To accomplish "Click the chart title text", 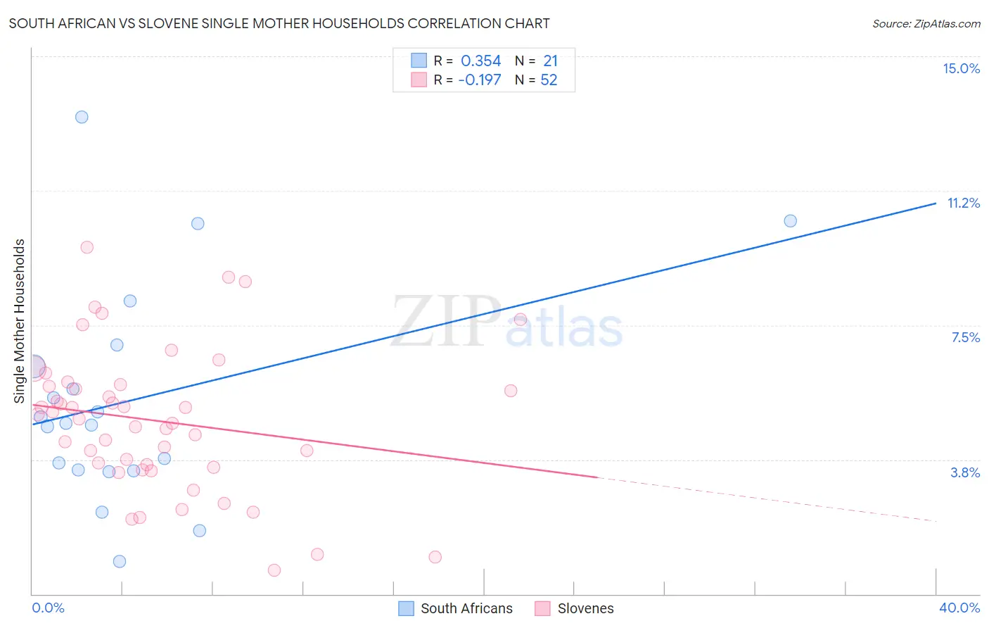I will point(279,23).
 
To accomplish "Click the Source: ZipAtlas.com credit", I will point(926,24).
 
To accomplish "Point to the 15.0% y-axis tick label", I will point(961,68).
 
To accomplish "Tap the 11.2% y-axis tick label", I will point(963,203).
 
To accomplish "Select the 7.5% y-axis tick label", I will point(965,337).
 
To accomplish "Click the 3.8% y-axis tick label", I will point(965,472).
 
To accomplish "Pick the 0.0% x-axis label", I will point(48,608).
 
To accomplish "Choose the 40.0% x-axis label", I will point(959,608).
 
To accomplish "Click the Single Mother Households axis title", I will point(19,321).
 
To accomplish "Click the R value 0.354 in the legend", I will point(480,61).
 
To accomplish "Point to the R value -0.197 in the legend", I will point(479,80).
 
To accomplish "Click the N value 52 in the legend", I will point(549,80).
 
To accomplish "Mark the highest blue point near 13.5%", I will point(82,117).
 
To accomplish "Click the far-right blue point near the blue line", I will point(790,221).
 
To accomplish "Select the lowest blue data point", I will point(120,561).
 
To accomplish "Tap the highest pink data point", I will point(87,247).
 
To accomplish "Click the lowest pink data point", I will point(274,570).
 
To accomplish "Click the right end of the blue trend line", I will point(936,203).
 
